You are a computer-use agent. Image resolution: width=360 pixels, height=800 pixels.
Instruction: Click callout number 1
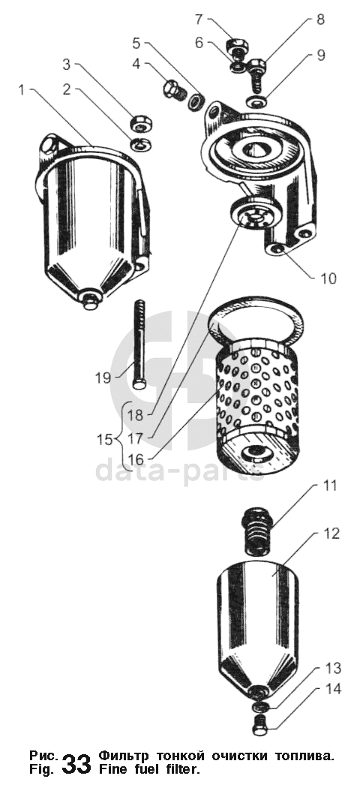point(22,90)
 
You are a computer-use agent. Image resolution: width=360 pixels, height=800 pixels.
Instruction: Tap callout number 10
point(328,278)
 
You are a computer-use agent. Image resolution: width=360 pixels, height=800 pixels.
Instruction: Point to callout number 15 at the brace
point(104,439)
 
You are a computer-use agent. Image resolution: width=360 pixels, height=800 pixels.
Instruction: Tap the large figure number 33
point(76,764)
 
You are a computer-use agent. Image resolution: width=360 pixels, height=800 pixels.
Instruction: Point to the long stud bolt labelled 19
point(139,344)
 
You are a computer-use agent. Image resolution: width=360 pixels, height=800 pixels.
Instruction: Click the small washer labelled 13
point(260,707)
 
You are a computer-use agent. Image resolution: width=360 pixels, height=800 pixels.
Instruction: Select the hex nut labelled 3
point(139,123)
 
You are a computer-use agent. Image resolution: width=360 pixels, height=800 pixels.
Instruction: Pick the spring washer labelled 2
point(138,145)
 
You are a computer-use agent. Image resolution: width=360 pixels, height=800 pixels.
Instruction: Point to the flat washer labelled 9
point(256,101)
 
